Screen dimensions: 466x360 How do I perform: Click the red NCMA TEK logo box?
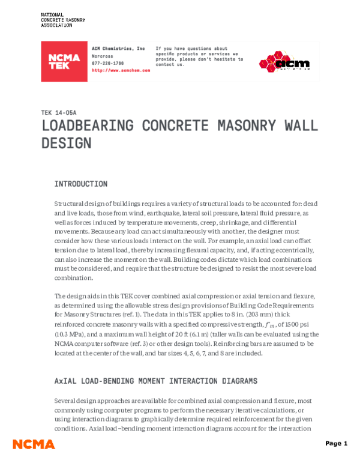coord(64,62)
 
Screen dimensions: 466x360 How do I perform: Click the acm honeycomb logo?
coord(284,62)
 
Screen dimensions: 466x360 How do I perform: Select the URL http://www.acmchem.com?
coord(121,70)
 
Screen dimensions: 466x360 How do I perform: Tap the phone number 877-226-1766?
coord(109,62)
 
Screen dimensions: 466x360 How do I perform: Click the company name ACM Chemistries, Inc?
coord(118,48)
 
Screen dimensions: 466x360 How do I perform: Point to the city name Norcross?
coord(103,55)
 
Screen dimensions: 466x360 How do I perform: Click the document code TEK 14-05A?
coord(59,112)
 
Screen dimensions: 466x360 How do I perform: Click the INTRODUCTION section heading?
coord(81,184)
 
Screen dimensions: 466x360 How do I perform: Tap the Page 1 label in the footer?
coord(336,444)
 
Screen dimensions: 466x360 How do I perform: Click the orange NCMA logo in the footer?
coord(34,444)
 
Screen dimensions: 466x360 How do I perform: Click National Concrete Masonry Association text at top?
coord(62,20)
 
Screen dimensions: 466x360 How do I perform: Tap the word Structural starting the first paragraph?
coord(70,204)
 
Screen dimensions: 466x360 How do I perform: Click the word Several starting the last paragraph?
coord(66,401)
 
